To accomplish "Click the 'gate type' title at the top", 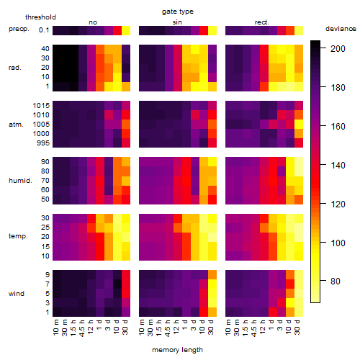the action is tap(178, 12).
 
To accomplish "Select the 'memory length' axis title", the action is tap(177, 350).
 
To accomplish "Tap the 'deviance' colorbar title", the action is tap(341, 29).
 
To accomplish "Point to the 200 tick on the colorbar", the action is tap(323, 48).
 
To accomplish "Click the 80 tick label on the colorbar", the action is tap(336, 281).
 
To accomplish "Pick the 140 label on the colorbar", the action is tap(338, 165).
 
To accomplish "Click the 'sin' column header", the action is tap(177, 22).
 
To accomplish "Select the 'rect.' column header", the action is tap(262, 22).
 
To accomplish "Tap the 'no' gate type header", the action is tap(93, 22).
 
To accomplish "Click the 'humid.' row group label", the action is tap(20, 181).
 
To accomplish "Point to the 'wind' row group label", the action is tap(17, 294).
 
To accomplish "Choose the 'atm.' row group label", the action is tap(16, 125).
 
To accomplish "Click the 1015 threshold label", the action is tap(41, 106).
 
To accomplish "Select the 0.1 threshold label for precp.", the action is tap(44, 30).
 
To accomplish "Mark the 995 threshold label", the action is tap(43, 143).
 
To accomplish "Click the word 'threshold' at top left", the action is tap(40, 17).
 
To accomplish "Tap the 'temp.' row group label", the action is tap(18, 236).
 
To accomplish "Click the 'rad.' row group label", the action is tap(15, 68).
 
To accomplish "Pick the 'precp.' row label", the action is tap(19, 29).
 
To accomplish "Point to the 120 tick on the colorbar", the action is tap(323, 204).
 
